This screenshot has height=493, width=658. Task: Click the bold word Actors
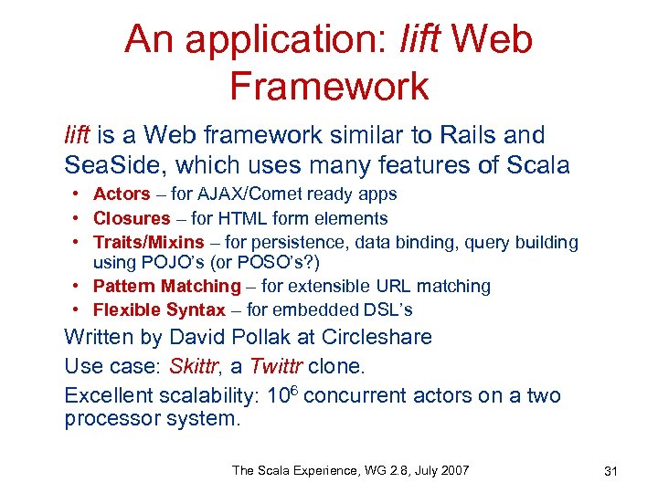(x=122, y=194)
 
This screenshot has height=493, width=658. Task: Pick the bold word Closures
(x=132, y=218)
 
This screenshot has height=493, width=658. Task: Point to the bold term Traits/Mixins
(x=149, y=242)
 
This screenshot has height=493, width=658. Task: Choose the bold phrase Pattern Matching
(x=166, y=286)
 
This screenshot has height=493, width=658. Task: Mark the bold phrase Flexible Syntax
(x=159, y=309)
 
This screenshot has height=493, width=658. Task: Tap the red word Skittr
(x=196, y=367)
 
